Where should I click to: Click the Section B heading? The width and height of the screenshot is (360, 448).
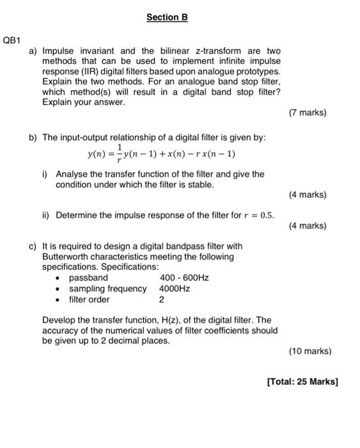click(167, 17)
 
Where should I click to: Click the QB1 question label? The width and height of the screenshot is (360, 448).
click(14, 40)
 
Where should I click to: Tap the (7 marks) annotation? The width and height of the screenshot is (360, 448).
click(308, 113)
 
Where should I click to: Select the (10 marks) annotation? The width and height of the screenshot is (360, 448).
click(310, 351)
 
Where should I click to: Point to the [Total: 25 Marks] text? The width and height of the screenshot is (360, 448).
click(302, 382)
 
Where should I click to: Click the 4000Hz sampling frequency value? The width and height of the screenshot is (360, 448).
click(175, 289)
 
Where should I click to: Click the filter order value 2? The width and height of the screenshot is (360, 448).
click(162, 300)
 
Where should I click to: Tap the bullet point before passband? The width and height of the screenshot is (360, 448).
click(58, 278)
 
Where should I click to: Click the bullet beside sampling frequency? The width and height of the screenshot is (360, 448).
click(58, 289)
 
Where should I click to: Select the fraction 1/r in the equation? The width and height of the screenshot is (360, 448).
click(119, 154)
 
